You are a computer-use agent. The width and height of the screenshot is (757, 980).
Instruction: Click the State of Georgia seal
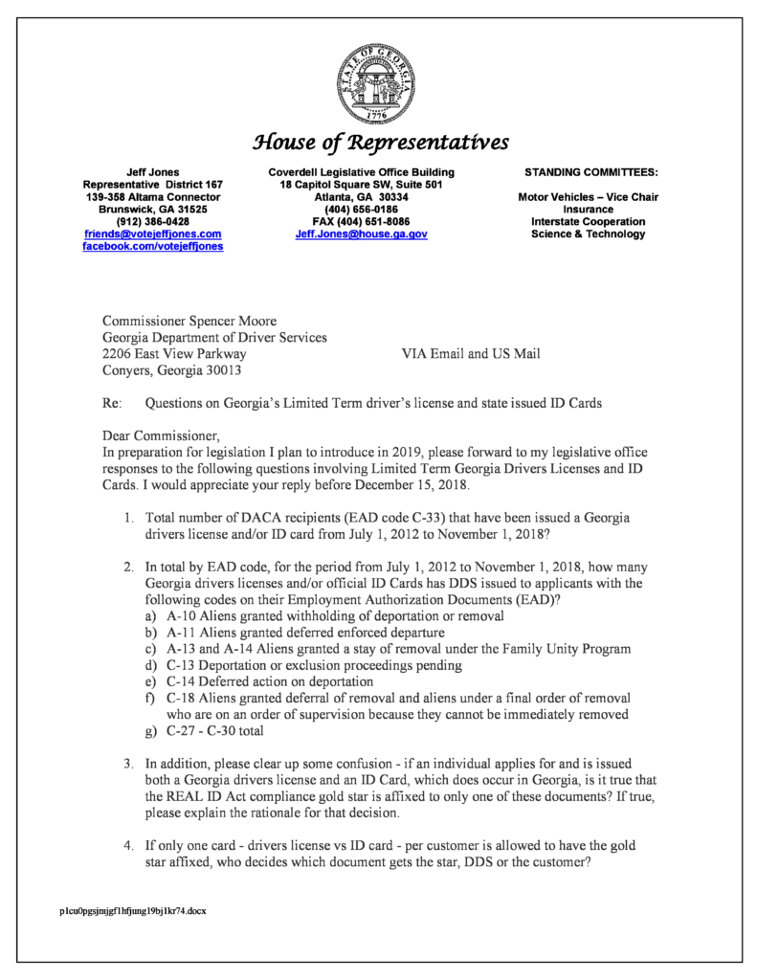(x=378, y=86)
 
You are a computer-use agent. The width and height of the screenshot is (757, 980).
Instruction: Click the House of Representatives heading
(x=379, y=144)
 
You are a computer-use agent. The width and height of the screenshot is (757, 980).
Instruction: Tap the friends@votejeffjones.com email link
(x=153, y=234)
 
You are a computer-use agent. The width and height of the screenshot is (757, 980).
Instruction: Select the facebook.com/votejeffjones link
(x=153, y=246)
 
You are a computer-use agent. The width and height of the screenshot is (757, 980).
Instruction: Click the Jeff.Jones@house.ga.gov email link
(x=361, y=234)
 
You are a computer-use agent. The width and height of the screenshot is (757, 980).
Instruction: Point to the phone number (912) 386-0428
(x=153, y=221)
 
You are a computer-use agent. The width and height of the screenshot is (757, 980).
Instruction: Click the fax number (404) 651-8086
(x=361, y=221)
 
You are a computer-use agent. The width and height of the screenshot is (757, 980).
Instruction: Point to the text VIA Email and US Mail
(x=471, y=354)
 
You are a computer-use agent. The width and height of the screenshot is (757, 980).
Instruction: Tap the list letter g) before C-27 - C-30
(x=149, y=731)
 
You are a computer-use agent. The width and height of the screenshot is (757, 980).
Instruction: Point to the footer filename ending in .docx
(x=132, y=910)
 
